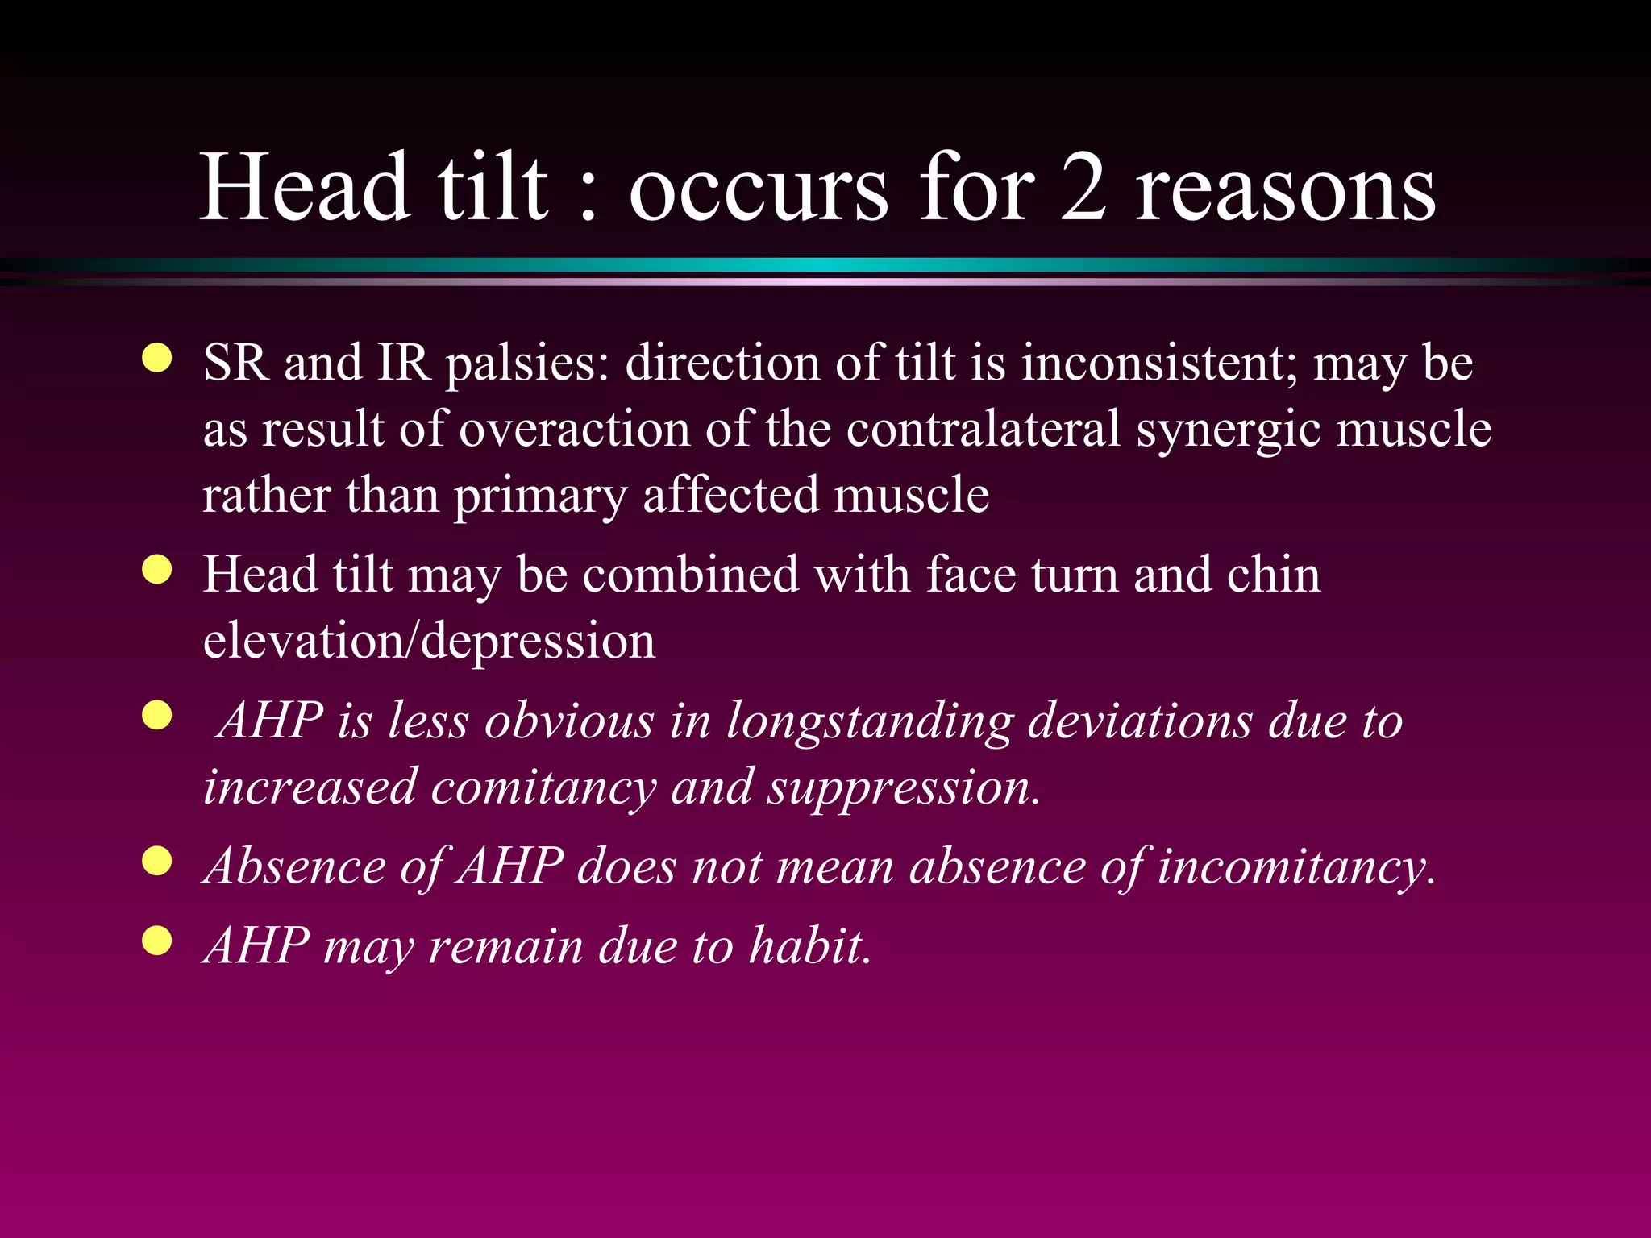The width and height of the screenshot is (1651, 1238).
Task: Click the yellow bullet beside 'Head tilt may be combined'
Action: (x=157, y=569)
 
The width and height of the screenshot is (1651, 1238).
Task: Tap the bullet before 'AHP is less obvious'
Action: (x=157, y=715)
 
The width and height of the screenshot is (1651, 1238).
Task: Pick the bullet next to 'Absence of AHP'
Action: (x=157, y=861)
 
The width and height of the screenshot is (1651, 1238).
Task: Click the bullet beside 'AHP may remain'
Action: (x=157, y=940)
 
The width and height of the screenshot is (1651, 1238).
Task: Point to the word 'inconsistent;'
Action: (x=1159, y=363)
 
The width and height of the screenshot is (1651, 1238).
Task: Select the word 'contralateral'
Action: (x=984, y=428)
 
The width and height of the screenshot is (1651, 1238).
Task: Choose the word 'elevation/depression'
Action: (x=429, y=642)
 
